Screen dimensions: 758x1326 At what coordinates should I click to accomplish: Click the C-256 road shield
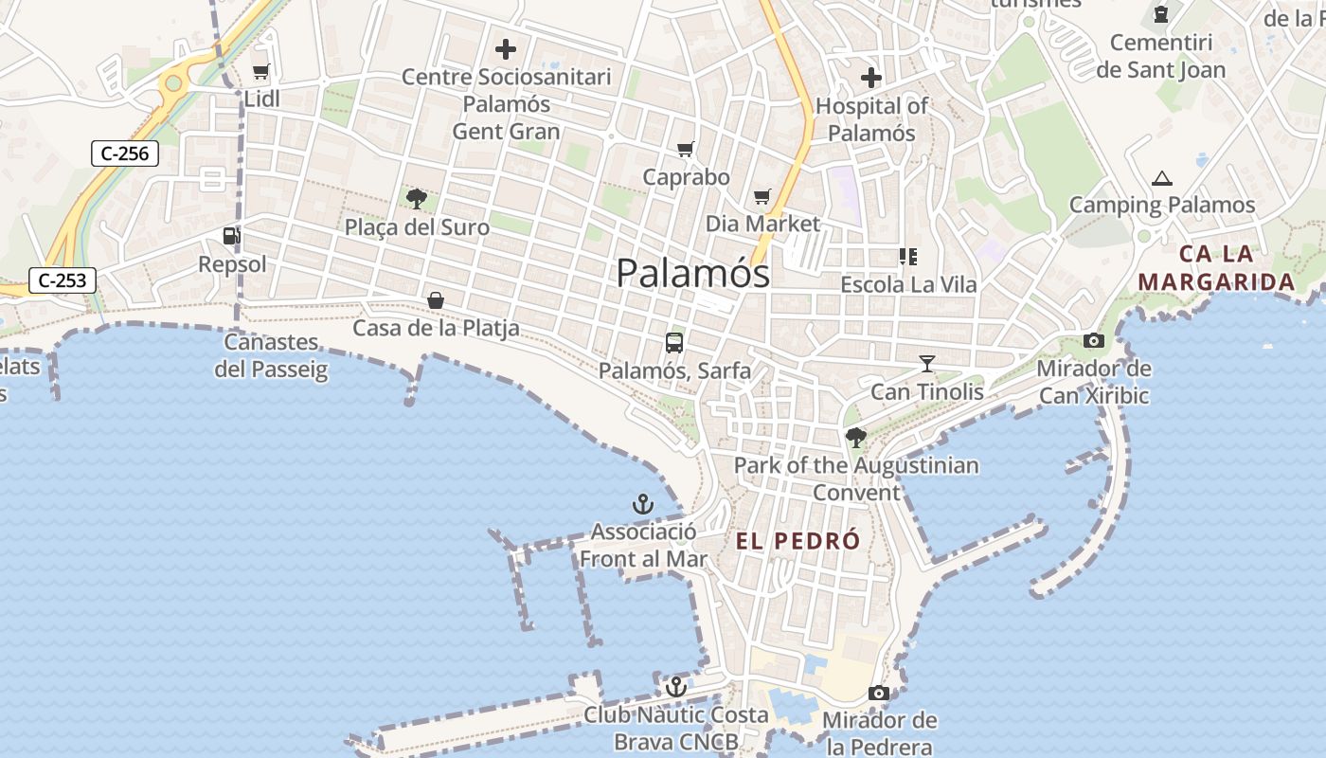tap(124, 153)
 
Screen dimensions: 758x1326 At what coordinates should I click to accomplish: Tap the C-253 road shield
tap(63, 280)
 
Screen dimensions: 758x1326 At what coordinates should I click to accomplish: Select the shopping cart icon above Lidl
tap(261, 71)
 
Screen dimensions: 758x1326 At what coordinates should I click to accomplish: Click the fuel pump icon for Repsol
tap(231, 236)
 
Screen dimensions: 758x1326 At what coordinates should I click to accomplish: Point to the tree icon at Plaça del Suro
tap(416, 198)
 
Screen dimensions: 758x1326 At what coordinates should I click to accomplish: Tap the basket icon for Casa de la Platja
tap(436, 300)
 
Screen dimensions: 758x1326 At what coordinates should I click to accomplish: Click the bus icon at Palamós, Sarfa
tap(674, 343)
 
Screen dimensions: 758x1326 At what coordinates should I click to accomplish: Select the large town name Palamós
tap(692, 273)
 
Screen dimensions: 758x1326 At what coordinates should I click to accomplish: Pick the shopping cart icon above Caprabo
tap(686, 149)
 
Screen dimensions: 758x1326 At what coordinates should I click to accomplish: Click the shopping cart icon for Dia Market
tap(762, 196)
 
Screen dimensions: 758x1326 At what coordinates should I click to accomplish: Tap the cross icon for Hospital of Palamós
tap(871, 78)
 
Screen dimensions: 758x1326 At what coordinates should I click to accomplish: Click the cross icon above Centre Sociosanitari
tap(507, 49)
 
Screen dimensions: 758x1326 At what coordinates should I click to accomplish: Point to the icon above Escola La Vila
tap(908, 257)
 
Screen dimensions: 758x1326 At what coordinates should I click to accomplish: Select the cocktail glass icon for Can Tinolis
tap(926, 364)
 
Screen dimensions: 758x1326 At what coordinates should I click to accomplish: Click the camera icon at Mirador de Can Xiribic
tap(1094, 341)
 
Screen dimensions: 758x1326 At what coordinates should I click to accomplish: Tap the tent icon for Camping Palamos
tap(1161, 177)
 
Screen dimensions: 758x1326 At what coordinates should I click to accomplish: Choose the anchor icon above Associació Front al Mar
tap(643, 504)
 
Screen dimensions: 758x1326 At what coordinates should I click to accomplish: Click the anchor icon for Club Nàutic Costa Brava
tap(675, 687)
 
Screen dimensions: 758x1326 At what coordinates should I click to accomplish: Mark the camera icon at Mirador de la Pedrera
tap(879, 694)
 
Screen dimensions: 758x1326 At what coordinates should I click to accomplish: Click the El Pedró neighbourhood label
tap(798, 541)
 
